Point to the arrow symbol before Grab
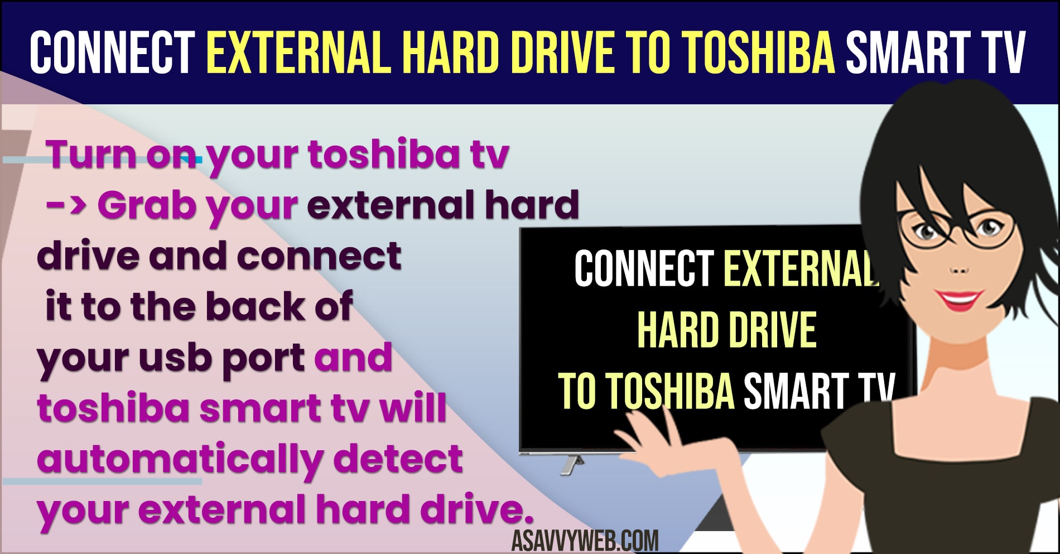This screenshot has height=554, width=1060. [66, 205]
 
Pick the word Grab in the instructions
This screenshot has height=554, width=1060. [146, 205]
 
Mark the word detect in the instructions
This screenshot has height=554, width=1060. [398, 459]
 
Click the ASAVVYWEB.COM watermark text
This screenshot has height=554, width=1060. [585, 539]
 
